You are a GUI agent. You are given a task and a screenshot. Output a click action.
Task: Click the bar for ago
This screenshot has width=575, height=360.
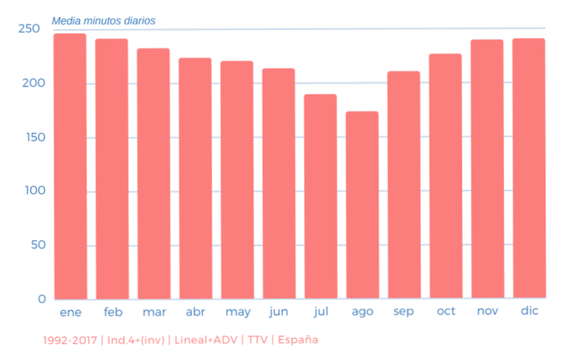(x=362, y=205)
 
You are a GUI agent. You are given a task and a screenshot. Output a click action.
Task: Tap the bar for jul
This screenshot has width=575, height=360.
(x=321, y=197)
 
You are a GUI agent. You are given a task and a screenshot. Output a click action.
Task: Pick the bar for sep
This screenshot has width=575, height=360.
(x=404, y=185)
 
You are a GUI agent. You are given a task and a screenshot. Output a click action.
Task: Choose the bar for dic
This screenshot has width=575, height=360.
(x=528, y=168)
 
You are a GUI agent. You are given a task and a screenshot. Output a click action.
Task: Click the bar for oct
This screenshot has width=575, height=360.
(x=445, y=176)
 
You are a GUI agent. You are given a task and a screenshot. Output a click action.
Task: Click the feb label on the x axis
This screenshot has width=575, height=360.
(x=113, y=312)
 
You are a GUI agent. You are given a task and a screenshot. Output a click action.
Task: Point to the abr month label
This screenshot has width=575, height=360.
(x=194, y=312)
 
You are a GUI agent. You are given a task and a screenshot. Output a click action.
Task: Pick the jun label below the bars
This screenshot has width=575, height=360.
(x=278, y=312)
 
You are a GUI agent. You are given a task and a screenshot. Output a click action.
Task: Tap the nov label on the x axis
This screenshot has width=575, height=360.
(x=487, y=311)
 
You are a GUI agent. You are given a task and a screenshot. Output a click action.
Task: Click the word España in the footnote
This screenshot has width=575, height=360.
(x=297, y=340)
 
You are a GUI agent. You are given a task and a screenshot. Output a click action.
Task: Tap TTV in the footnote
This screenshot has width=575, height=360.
(x=258, y=340)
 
